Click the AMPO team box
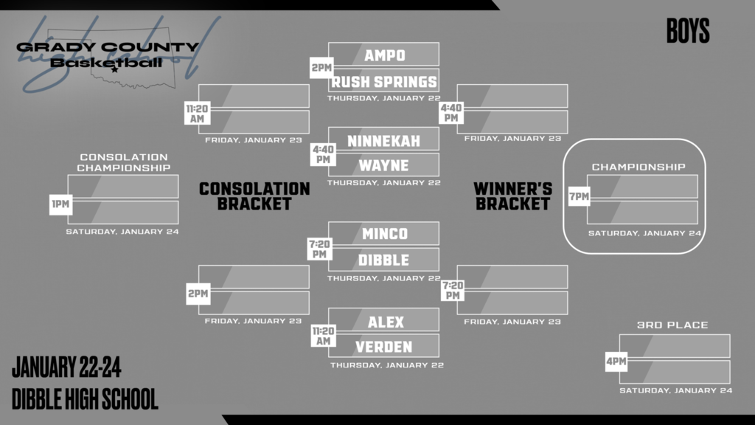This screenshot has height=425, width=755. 384,55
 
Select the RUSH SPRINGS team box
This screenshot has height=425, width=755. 384,81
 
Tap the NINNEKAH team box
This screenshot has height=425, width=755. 384,139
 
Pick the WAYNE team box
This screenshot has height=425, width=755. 384,165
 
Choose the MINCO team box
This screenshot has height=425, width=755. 384,234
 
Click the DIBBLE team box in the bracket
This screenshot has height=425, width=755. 384,260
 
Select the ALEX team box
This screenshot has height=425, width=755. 384,321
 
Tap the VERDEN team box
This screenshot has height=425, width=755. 384,346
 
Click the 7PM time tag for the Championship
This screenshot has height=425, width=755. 579,196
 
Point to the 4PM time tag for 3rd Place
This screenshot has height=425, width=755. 616,362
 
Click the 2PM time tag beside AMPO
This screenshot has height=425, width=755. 321,69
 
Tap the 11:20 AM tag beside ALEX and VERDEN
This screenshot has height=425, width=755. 322,336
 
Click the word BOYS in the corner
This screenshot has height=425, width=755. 687,32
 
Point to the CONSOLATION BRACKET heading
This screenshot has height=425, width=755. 254,196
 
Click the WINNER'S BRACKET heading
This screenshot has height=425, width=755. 513,196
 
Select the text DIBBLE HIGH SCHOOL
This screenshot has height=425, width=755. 85,399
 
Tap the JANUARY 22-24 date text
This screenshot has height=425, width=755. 66,367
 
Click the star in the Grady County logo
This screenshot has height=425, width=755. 114,71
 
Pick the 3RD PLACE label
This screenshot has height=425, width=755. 672,325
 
